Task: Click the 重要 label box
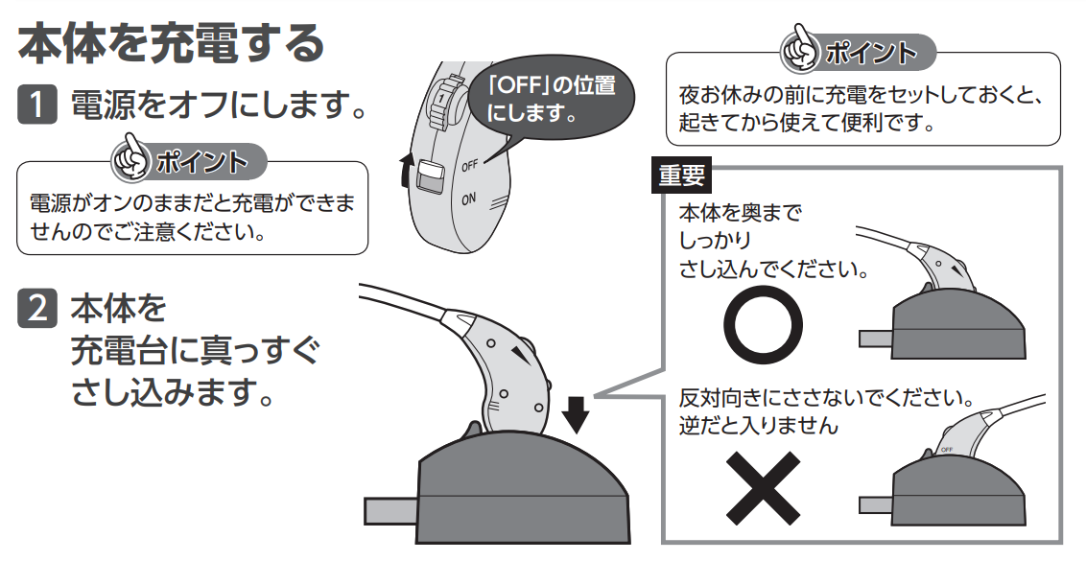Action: tap(681, 175)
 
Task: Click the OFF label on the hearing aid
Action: tap(469, 166)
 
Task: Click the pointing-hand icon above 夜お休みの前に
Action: tap(800, 53)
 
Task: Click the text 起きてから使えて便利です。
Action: tap(806, 124)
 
